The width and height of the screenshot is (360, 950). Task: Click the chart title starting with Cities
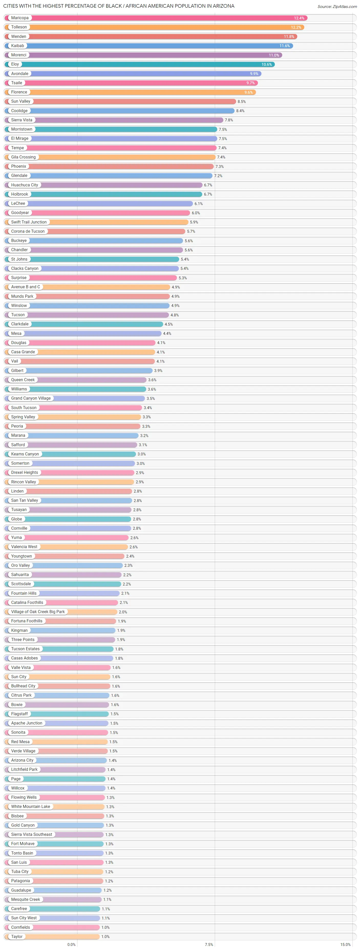pyautogui.click(x=119, y=6)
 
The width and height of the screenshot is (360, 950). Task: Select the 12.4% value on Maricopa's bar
pyautogui.click(x=299, y=18)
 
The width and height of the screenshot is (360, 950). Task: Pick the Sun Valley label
pyautogui.click(x=21, y=101)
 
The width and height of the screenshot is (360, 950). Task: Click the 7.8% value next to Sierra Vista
pyautogui.click(x=229, y=120)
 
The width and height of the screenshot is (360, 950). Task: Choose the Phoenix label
pyautogui.click(x=18, y=166)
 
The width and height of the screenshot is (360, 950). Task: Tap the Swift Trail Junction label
pyautogui.click(x=29, y=222)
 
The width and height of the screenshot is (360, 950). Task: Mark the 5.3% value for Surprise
pyautogui.click(x=183, y=278)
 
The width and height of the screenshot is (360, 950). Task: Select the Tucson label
pyautogui.click(x=18, y=315)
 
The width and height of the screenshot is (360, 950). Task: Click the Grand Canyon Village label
pyautogui.click(x=31, y=398)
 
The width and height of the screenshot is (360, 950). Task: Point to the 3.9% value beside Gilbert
pyautogui.click(x=158, y=371)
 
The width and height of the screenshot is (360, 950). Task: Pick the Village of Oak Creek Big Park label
pyautogui.click(x=38, y=612)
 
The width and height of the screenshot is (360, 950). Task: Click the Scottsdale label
pyautogui.click(x=21, y=584)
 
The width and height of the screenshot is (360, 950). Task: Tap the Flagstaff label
pyautogui.click(x=19, y=714)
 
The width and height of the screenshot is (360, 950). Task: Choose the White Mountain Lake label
pyautogui.click(x=31, y=807)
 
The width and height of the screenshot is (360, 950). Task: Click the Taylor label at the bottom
pyautogui.click(x=17, y=936)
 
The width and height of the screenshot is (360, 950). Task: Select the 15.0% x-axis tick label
pyautogui.click(x=345, y=944)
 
